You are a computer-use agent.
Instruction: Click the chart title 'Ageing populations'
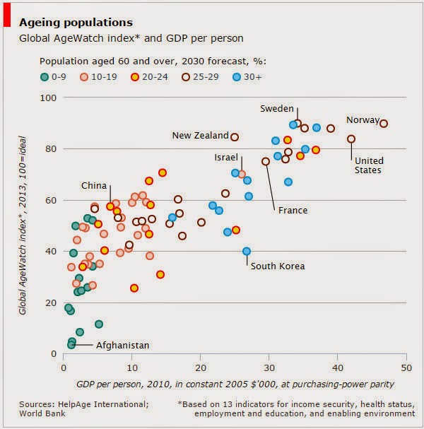76,23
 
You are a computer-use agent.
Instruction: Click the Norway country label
363,119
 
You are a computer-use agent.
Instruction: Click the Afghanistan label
122,345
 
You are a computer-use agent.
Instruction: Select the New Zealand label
200,136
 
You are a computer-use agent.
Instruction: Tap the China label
94,186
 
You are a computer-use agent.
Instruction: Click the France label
292,211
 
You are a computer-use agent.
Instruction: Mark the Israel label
226,157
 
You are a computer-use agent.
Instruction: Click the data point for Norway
384,124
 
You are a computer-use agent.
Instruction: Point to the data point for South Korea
247,251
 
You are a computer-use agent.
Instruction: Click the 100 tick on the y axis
47,97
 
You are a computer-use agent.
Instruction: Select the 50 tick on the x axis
406,368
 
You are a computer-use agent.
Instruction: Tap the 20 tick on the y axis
50,302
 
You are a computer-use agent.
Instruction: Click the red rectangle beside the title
6,14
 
